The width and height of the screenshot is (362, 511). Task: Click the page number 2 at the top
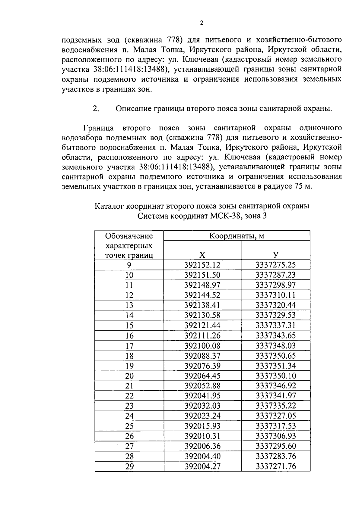click(202, 23)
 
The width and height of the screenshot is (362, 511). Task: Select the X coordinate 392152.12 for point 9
click(202, 265)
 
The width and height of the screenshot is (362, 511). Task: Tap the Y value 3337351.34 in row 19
click(276, 366)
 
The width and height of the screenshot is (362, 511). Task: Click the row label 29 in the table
click(129, 466)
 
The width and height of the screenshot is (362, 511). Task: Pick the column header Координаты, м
click(237, 236)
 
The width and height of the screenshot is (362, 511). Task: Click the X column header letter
click(202, 255)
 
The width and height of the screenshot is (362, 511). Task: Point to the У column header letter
click(276, 255)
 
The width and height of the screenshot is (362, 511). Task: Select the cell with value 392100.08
click(202, 346)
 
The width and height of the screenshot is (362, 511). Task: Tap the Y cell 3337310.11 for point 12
click(276, 295)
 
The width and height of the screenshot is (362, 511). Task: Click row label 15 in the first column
click(129, 326)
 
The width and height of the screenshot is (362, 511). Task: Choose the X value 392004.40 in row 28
click(202, 456)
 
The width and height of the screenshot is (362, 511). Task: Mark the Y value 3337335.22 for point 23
click(276, 406)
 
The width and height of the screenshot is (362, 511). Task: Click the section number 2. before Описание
click(96, 109)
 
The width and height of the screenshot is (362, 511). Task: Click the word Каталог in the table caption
click(109, 206)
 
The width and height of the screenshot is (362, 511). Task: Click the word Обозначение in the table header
click(129, 236)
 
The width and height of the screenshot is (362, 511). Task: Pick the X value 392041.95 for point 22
click(202, 396)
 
